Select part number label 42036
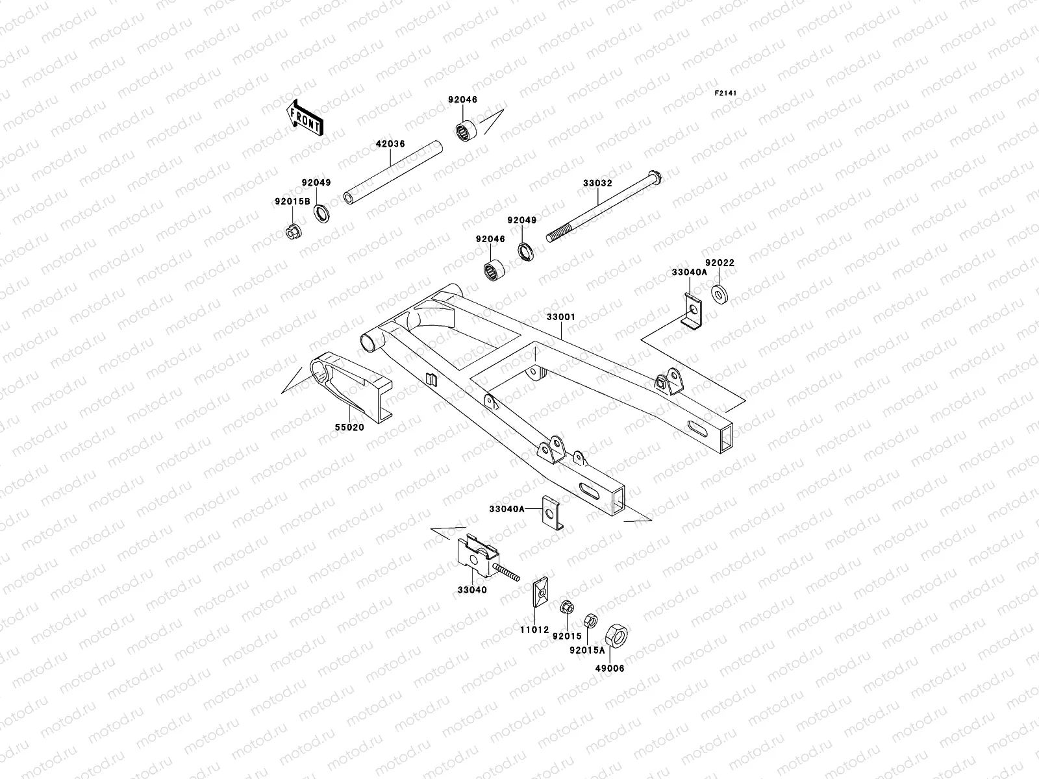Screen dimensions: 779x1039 coord(390,144)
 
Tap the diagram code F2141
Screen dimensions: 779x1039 coord(727,93)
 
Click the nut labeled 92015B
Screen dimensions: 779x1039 coord(292,231)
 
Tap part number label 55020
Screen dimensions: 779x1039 coord(349,428)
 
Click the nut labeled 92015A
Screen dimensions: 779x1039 coord(590,620)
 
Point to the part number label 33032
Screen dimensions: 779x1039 coord(597,184)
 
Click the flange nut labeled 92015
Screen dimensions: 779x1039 coord(566,608)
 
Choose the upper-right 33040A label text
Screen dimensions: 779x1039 coord(689,273)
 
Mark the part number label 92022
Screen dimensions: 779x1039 coord(720,263)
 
